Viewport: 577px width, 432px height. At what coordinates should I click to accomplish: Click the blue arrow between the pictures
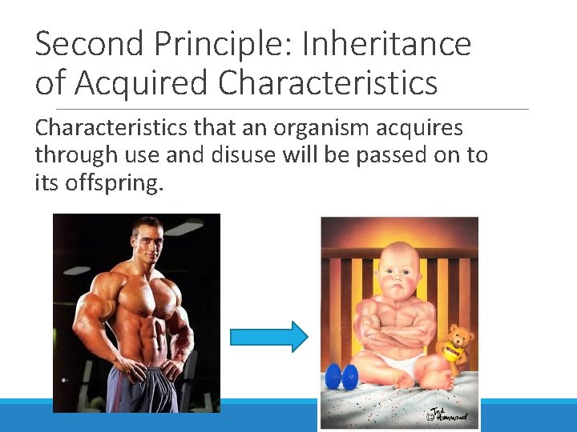[x=268, y=337]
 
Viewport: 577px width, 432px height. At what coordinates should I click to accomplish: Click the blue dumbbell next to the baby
[x=342, y=378]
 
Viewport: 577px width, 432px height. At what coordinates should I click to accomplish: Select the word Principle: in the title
[x=217, y=44]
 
